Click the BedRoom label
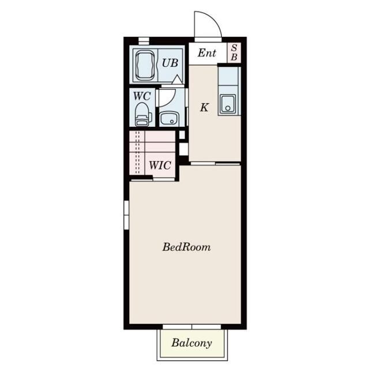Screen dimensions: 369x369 (186, 247)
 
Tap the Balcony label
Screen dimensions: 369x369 (191, 343)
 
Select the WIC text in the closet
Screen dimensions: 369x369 (160, 165)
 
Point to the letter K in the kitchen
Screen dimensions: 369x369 (204, 107)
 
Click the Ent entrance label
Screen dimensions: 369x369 (206, 52)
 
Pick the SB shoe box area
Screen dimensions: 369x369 (234, 52)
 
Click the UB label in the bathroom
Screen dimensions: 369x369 (170, 63)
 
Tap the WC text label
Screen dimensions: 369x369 (142, 96)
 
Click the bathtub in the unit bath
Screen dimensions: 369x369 (145, 66)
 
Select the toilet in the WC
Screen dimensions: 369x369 (142, 114)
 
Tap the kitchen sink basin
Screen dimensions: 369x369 (228, 104)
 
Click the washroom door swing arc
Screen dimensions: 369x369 (170, 100)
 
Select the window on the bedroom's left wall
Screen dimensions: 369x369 (127, 214)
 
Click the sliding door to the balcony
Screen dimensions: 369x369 (192, 327)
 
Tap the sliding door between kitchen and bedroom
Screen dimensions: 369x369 (215, 163)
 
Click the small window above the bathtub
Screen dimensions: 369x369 (144, 41)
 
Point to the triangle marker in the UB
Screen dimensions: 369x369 (177, 80)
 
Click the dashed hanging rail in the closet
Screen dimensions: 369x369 (138, 152)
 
